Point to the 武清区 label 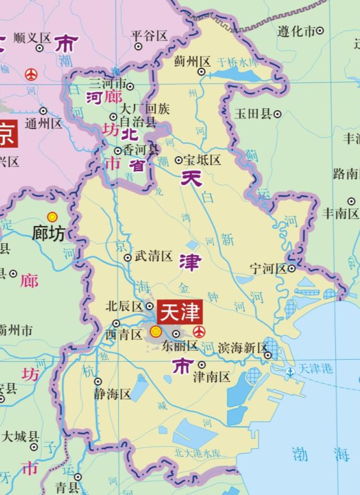(x=153, y=257)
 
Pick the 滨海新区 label (x=243, y=348)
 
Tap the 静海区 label (x=112, y=394)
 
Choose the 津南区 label (x=211, y=376)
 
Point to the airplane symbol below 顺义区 (x=32, y=73)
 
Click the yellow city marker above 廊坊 (x=52, y=216)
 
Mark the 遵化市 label (x=296, y=31)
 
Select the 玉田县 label (x=253, y=114)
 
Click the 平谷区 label (x=149, y=36)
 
